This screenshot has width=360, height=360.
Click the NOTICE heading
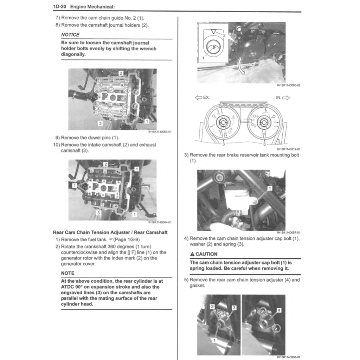point(70,35)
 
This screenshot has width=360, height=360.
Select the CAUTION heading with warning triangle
point(204,254)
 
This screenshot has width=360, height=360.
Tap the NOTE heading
point(67,273)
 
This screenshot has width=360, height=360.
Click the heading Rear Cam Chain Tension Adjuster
point(110,232)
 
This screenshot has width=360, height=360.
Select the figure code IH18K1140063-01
point(160,132)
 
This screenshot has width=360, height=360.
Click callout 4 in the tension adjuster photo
point(279,310)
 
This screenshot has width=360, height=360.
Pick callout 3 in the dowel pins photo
point(99,213)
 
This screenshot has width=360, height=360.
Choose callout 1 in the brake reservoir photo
point(270,188)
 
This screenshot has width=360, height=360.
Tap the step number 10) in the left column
point(56,145)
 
